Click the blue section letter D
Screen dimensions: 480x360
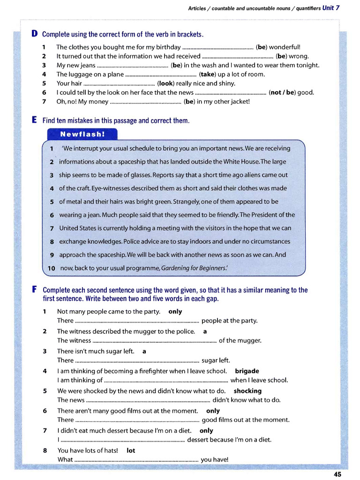pyautogui.click(x=34, y=34)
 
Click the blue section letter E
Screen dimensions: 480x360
pyautogui.click(x=34, y=120)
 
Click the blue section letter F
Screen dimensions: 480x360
pyautogui.click(x=34, y=290)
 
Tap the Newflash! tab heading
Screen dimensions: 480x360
pyautogui.click(x=82, y=134)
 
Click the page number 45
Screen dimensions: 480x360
pyautogui.click(x=337, y=474)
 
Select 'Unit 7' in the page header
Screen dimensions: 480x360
pyautogui.click(x=331, y=8)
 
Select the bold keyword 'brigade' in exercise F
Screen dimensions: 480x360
pyautogui.click(x=247, y=371)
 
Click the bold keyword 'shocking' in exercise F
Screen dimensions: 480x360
pyautogui.click(x=247, y=390)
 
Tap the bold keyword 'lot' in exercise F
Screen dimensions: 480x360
pyautogui.click(x=131, y=450)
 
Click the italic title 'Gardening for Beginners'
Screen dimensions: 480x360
pyautogui.click(x=194, y=268)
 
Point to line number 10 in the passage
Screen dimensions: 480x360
pyautogui.click(x=51, y=269)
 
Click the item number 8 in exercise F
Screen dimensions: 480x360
pyautogui.click(x=45, y=450)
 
